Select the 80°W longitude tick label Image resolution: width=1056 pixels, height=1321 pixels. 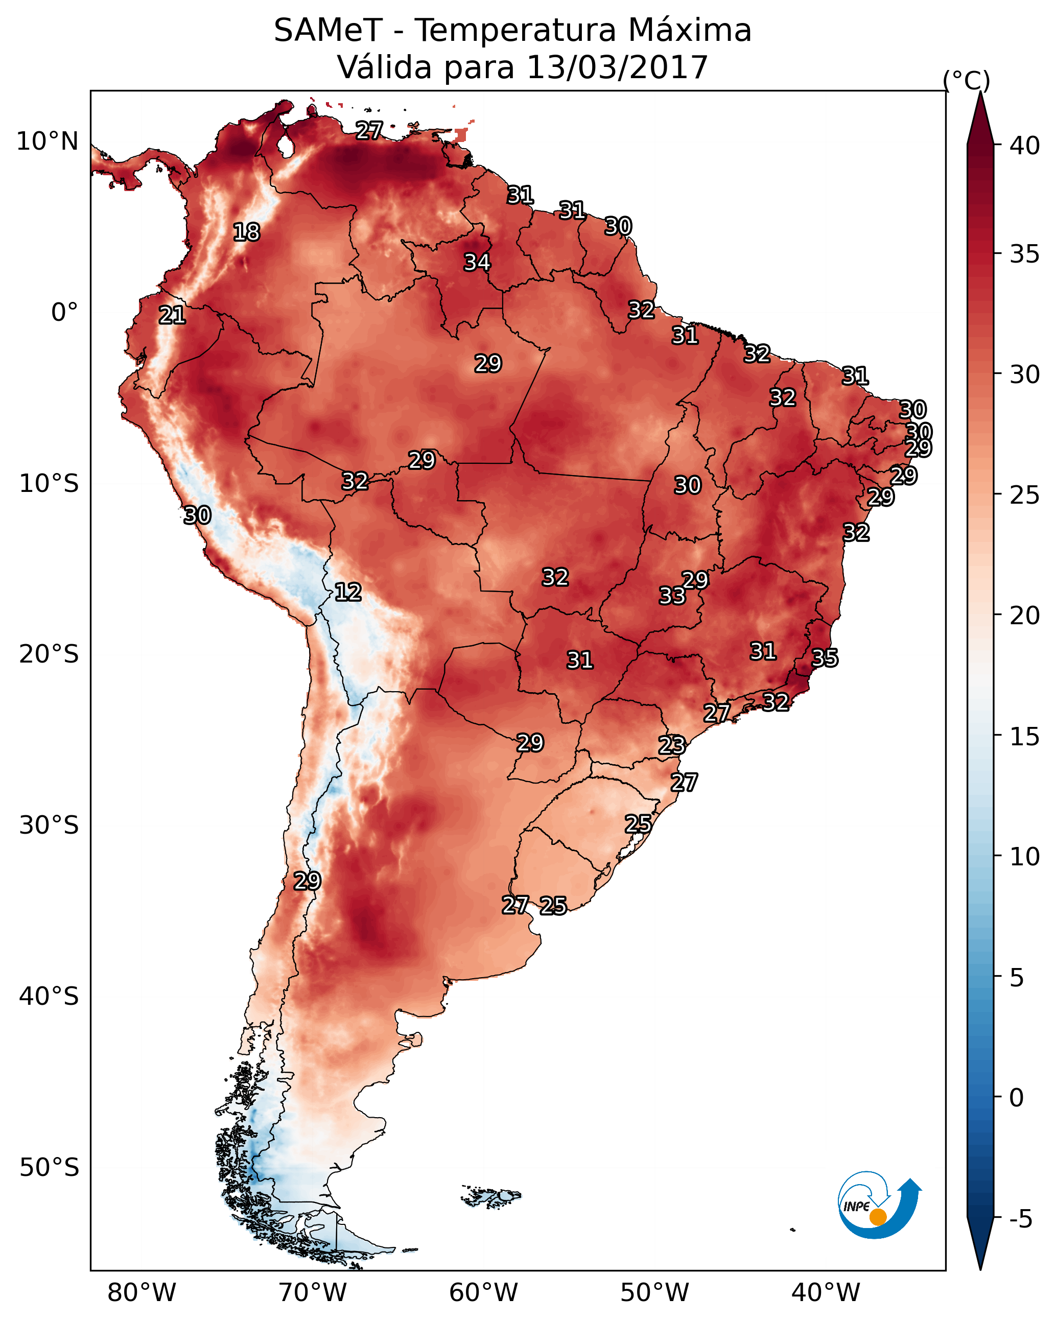(142, 1292)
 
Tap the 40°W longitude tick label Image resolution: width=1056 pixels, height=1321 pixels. (826, 1292)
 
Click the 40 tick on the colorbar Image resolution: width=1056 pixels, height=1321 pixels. (1025, 145)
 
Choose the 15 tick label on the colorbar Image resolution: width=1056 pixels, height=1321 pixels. (1025, 737)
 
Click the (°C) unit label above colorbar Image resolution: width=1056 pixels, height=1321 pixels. (967, 80)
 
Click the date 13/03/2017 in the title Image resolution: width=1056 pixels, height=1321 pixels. (617, 67)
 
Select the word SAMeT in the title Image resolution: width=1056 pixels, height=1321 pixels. (328, 30)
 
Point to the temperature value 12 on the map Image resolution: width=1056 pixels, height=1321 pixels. (348, 592)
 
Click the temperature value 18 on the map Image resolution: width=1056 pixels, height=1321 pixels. (246, 232)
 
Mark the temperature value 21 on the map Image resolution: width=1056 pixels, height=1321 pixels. (172, 316)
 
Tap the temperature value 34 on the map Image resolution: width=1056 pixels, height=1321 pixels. (477, 262)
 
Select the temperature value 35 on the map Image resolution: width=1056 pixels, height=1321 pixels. (825, 658)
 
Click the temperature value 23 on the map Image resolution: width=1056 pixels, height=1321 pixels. (672, 745)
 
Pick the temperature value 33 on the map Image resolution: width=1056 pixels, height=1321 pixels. (672, 596)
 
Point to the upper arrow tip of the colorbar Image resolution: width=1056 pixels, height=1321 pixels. (980, 91)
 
